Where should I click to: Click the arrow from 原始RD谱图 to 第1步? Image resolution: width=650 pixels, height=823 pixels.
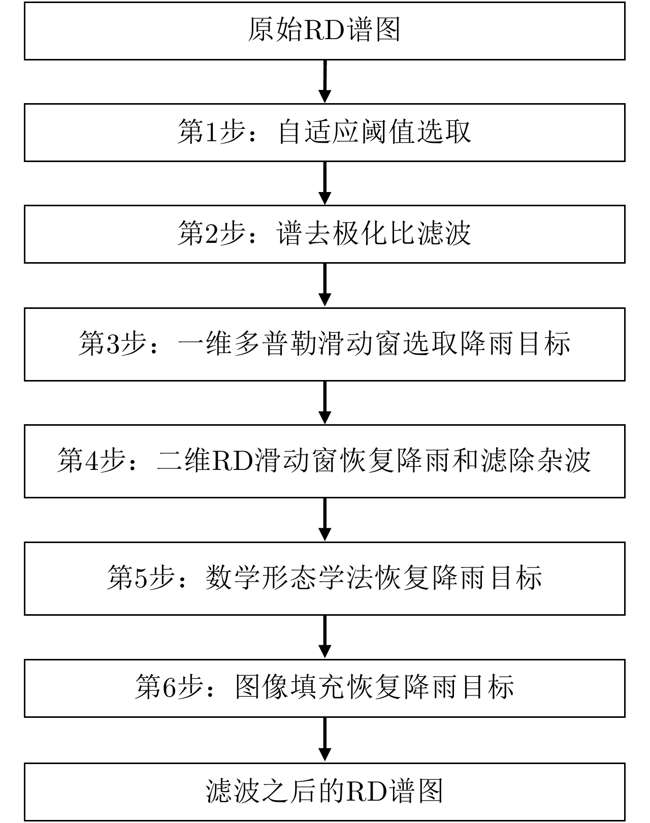click(324, 82)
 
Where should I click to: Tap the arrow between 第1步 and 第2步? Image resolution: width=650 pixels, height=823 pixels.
click(324, 183)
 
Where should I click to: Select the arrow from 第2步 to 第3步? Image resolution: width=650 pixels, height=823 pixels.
click(324, 285)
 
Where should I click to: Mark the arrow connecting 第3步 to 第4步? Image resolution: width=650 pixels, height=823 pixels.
click(324, 402)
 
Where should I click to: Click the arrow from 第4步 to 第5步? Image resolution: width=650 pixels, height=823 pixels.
click(324, 519)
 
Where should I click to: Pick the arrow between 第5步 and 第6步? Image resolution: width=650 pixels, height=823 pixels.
click(324, 637)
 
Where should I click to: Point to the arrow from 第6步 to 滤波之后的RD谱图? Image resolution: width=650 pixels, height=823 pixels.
click(324, 739)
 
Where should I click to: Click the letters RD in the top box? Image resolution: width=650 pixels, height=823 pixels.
click(324, 31)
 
